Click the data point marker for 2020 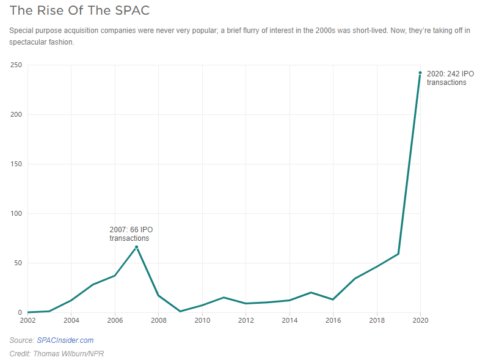[420, 73]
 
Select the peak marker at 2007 [136, 247]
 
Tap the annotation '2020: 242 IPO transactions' [450, 78]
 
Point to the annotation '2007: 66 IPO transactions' [131, 234]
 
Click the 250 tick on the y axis [16, 65]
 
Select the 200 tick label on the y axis [16, 115]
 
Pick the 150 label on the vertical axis [16, 164]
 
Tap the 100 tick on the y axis [16, 214]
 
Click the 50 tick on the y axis [18, 263]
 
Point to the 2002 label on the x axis [27, 320]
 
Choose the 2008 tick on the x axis [158, 320]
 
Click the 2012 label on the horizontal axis [246, 320]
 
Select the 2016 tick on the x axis [333, 320]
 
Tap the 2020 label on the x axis [420, 320]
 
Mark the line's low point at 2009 [180, 311]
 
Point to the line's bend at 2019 [398, 254]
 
